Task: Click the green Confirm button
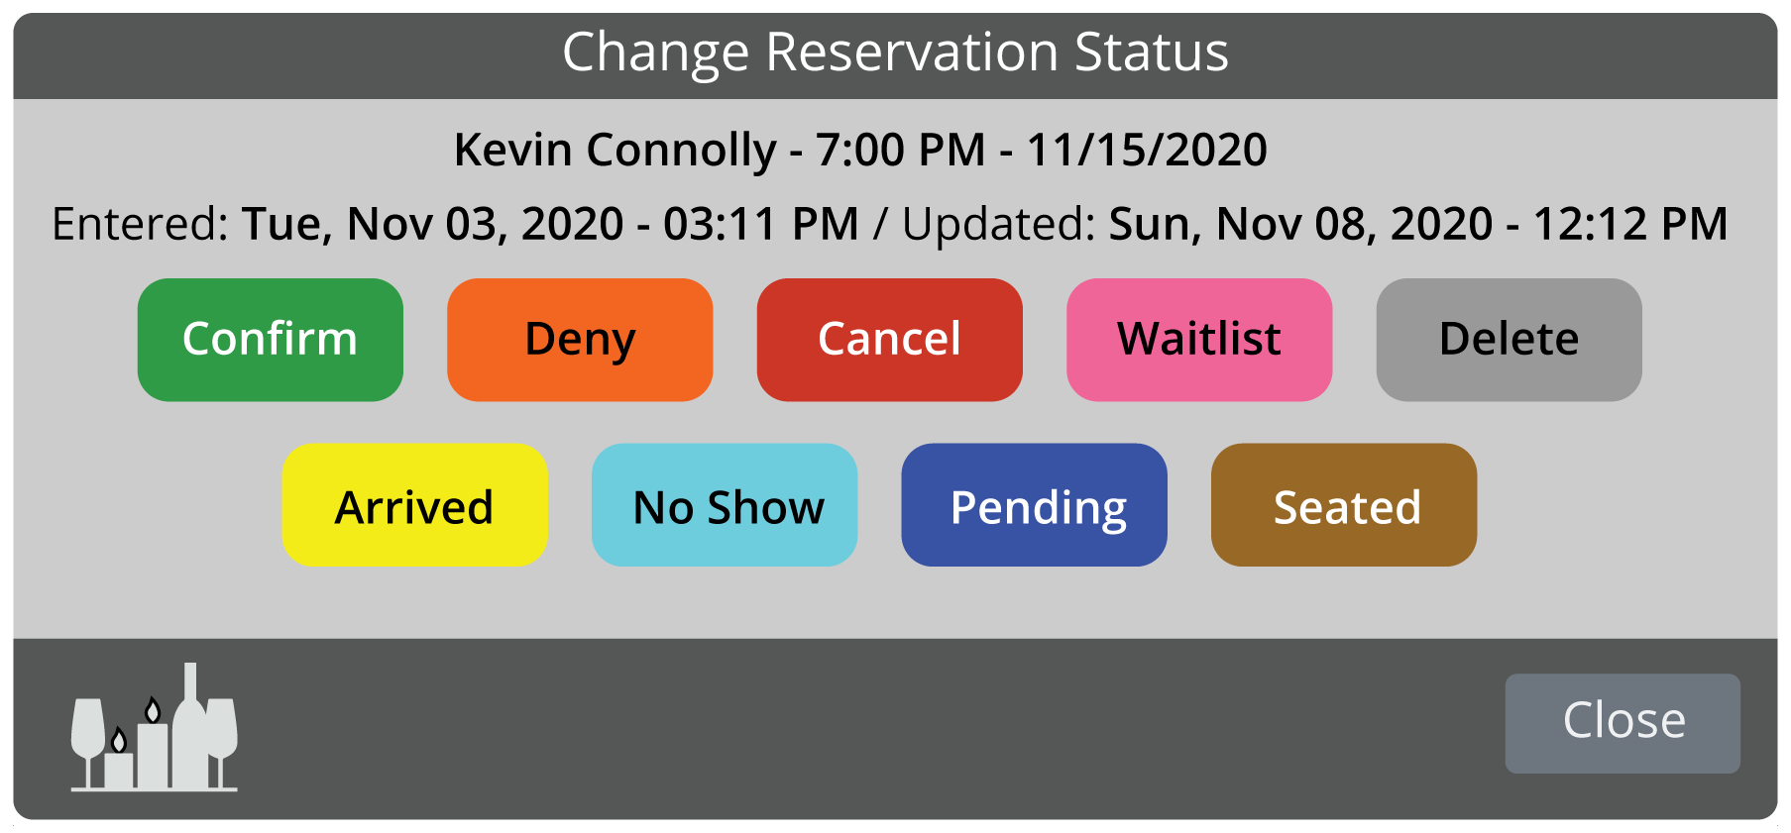[x=271, y=340]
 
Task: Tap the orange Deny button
[x=580, y=340]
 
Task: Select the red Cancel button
[x=890, y=340]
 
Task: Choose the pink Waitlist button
[x=1199, y=340]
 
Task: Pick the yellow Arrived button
[x=415, y=505]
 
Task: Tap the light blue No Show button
[x=725, y=505]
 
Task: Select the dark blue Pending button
[x=1035, y=505]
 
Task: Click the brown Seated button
[x=1344, y=505]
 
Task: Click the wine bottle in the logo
[x=189, y=728]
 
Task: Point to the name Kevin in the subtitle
[x=513, y=151]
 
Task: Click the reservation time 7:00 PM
[x=900, y=151]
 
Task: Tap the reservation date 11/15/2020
[x=1147, y=151]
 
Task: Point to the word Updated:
[x=998, y=225]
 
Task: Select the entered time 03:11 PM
[x=761, y=224]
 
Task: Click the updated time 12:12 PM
[x=1630, y=224]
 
